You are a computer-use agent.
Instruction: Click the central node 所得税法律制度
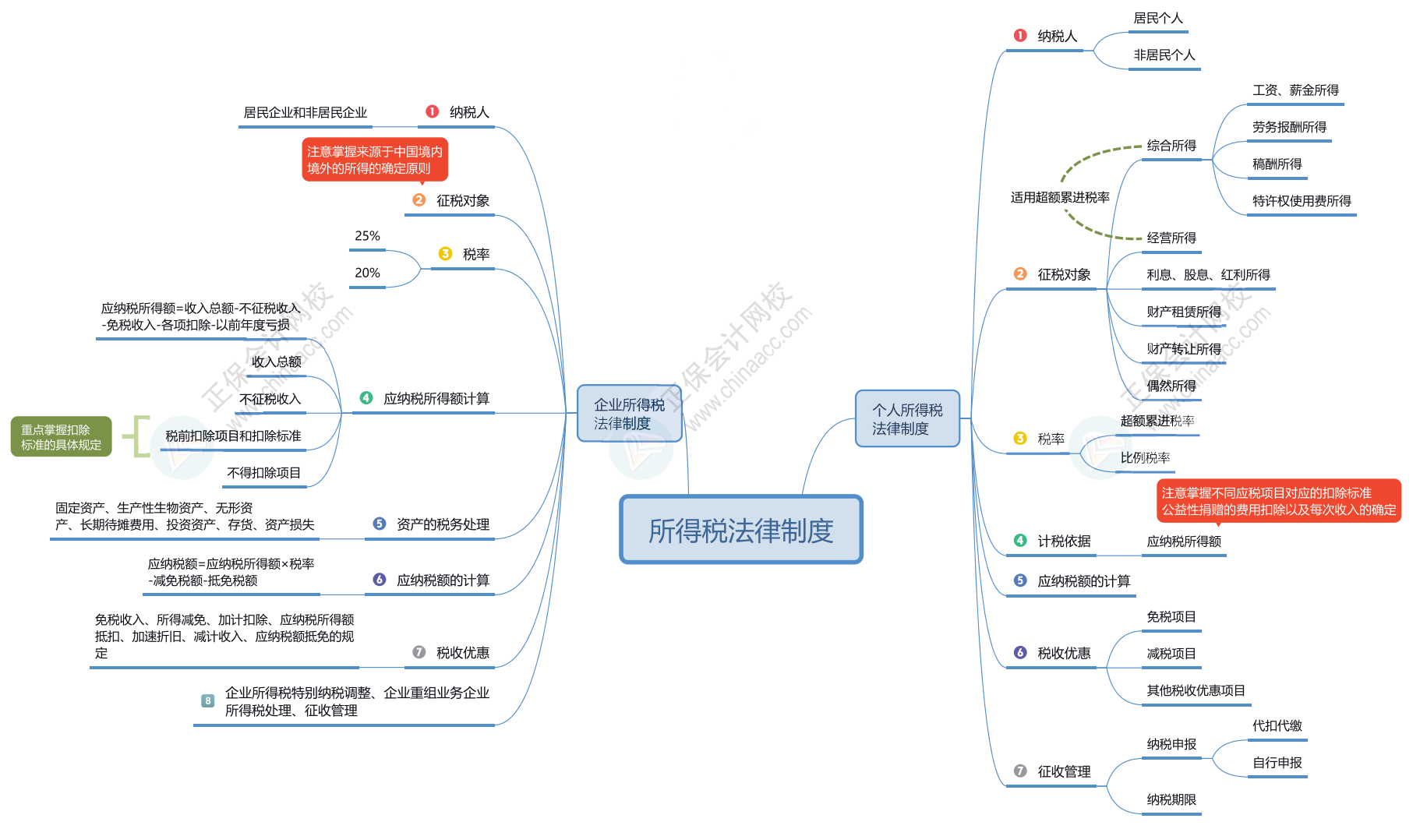pyautogui.click(x=740, y=530)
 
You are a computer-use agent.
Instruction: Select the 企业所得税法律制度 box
pyautogui.click(x=629, y=414)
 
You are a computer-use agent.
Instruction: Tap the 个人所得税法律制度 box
pyautogui.click(x=907, y=418)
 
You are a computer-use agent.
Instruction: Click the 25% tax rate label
pyautogui.click(x=367, y=236)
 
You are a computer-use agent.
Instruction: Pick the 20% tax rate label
pyautogui.click(x=367, y=273)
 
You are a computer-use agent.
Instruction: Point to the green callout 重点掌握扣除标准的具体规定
pyautogui.click(x=61, y=436)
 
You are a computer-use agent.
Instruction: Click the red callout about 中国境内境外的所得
pyautogui.click(x=375, y=160)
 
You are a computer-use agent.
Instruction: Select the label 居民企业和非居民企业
pyautogui.click(x=305, y=113)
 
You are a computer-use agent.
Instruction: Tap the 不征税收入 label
pyautogui.click(x=270, y=399)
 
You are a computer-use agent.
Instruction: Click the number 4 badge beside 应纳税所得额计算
pyautogui.click(x=366, y=398)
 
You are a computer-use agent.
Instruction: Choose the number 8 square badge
pyautogui.click(x=208, y=700)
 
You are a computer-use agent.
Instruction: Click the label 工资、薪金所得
pyautogui.click(x=1295, y=90)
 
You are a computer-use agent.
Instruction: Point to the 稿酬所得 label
pyautogui.click(x=1277, y=164)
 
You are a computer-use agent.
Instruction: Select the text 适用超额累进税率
pyautogui.click(x=1060, y=197)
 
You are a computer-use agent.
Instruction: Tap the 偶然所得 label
pyautogui.click(x=1171, y=386)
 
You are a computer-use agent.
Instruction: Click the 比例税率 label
pyautogui.click(x=1145, y=457)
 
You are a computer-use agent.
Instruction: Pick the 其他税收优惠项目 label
pyautogui.click(x=1196, y=690)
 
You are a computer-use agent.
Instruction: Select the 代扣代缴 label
pyautogui.click(x=1277, y=725)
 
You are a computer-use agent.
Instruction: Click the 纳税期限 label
pyautogui.click(x=1171, y=799)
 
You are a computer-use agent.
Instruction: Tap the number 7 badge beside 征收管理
pyautogui.click(x=1020, y=771)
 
